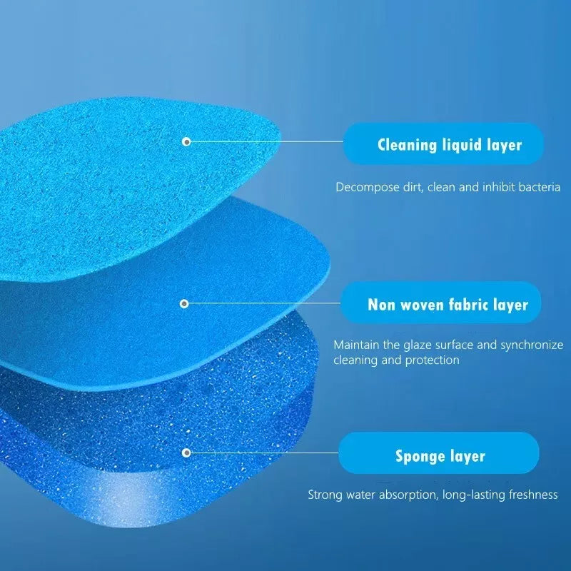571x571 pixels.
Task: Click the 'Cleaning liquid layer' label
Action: [x=443, y=143]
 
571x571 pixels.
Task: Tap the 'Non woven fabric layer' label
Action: [x=441, y=303]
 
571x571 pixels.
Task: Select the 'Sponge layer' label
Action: [x=439, y=453]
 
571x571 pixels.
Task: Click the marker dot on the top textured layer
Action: [x=186, y=141]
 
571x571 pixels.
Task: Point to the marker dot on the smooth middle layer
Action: [x=184, y=303]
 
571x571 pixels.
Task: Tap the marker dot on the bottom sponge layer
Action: [x=186, y=453]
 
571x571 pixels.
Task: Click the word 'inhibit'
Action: [x=498, y=187]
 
